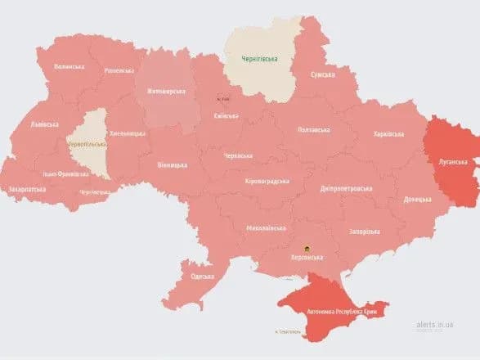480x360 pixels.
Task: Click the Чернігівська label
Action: [x=259, y=58]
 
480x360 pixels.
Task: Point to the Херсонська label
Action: [x=307, y=257]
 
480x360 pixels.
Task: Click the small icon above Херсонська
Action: [x=307, y=247]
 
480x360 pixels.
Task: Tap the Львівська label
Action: [x=43, y=124]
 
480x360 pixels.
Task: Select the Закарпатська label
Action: [x=29, y=188]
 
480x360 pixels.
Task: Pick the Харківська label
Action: [x=388, y=134]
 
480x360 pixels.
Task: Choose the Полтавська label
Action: [x=314, y=129]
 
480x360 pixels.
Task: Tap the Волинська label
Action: [x=69, y=66]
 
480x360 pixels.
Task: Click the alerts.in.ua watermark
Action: [x=433, y=324]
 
